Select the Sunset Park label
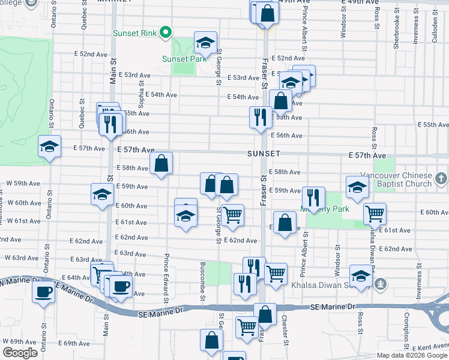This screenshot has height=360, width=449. (183, 59)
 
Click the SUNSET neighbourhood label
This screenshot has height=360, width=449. (264, 154)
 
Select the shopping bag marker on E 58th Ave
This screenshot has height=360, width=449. (161, 163)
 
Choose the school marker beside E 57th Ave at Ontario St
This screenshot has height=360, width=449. (50, 147)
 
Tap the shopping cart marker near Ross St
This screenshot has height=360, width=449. (375, 212)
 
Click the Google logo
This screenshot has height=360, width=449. (20, 353)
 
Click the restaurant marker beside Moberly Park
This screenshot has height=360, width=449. (313, 197)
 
